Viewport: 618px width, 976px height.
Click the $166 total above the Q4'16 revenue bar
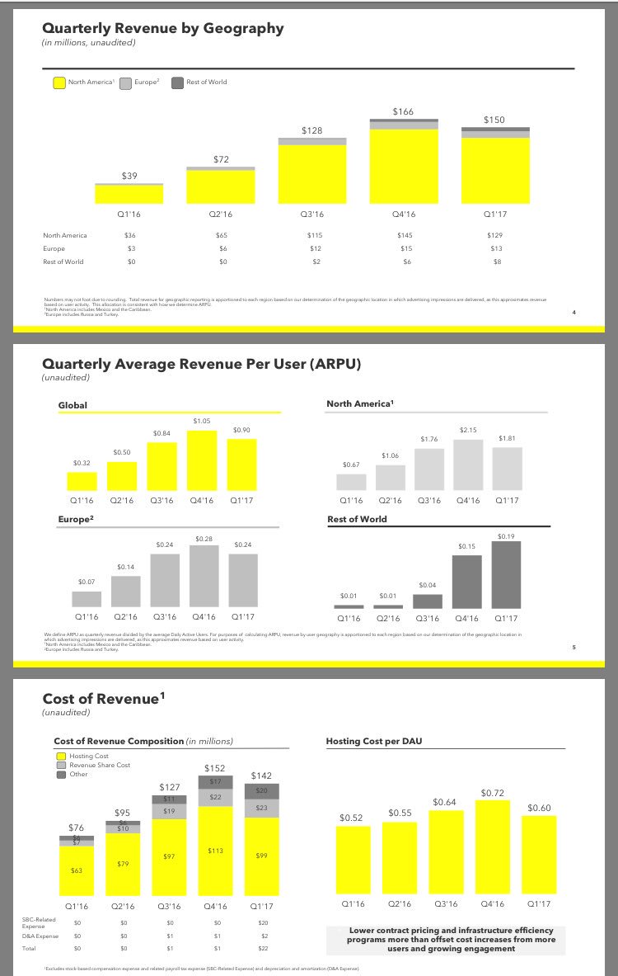[x=403, y=111]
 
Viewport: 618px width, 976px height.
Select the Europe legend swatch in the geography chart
[x=125, y=83]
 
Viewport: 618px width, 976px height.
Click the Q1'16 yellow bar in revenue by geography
[x=129, y=194]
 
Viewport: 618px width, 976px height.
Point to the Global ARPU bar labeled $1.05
[x=202, y=460]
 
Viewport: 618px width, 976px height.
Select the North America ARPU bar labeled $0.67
[x=351, y=482]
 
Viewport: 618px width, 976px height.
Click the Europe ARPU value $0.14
[x=125, y=567]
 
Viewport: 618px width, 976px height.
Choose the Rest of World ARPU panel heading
[x=357, y=519]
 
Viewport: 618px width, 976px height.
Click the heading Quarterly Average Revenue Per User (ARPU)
[x=202, y=363]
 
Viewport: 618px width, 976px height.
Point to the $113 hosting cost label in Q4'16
[x=215, y=851]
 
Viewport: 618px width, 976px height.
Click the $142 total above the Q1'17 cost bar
[x=261, y=776]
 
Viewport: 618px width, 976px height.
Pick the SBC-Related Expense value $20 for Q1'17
[x=263, y=922]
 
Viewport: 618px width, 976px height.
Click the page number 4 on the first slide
[x=574, y=313]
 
